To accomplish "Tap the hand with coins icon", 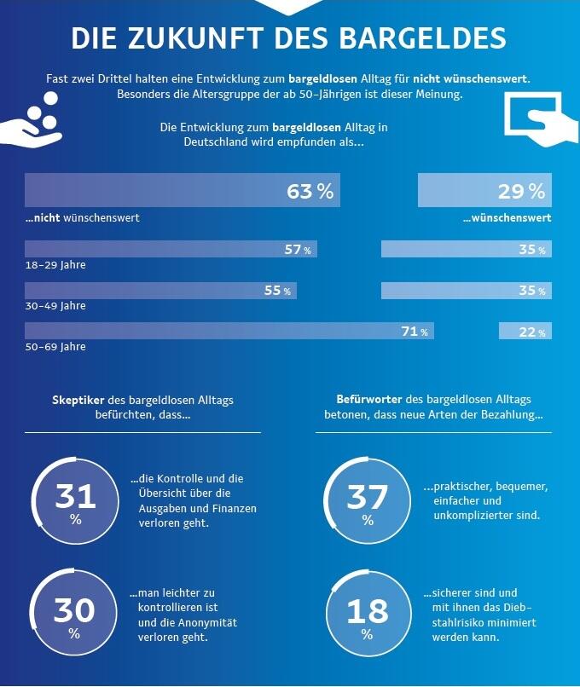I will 32,125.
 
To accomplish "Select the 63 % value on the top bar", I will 310,191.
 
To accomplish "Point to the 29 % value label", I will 521,191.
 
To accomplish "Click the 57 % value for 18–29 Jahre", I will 298,250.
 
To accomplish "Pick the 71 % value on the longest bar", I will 415,332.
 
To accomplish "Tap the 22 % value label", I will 531,332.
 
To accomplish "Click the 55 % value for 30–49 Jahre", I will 277,291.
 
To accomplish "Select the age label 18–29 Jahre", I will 55,265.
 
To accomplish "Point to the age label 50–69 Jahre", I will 55,347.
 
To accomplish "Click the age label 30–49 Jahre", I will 55,306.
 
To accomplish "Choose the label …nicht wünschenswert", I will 83,218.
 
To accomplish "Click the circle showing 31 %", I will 75,503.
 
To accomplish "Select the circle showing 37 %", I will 367,503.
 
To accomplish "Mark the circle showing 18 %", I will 367,616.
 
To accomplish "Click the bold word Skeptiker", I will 81,399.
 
